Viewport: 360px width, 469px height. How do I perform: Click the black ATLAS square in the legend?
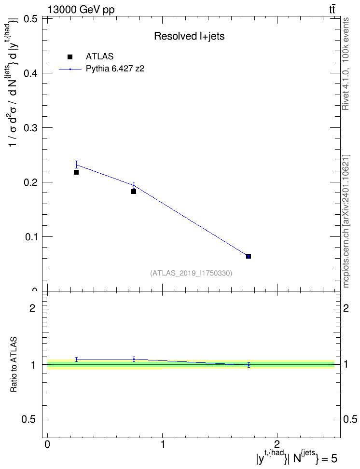click(70, 57)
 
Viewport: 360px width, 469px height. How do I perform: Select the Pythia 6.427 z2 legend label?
click(115, 69)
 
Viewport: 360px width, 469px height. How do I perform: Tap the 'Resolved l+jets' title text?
click(189, 36)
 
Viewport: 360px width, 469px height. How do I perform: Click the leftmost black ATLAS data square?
click(76, 172)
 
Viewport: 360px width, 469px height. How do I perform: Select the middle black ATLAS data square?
click(134, 192)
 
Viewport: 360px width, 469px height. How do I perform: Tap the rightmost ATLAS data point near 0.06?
click(249, 256)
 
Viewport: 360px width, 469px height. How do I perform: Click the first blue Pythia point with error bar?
click(76, 165)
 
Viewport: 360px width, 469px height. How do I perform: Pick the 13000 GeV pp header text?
click(81, 10)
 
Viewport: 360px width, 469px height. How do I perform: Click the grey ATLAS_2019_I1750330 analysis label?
click(191, 273)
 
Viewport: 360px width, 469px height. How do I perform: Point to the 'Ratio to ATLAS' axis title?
click(14, 365)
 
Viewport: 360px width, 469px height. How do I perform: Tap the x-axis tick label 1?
click(163, 444)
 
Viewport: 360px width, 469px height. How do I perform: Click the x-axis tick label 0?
click(47, 444)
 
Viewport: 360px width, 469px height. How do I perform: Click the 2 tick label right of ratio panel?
click(346, 308)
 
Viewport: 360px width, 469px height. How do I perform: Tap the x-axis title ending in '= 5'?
click(296, 457)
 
